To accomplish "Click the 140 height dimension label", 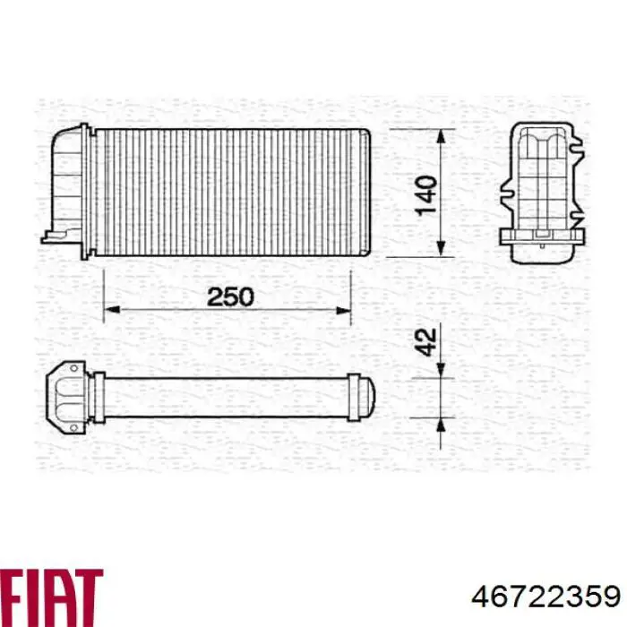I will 427,193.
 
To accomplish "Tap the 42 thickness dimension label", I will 427,341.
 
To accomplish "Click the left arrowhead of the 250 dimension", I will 112,311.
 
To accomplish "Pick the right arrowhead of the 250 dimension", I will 343,311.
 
